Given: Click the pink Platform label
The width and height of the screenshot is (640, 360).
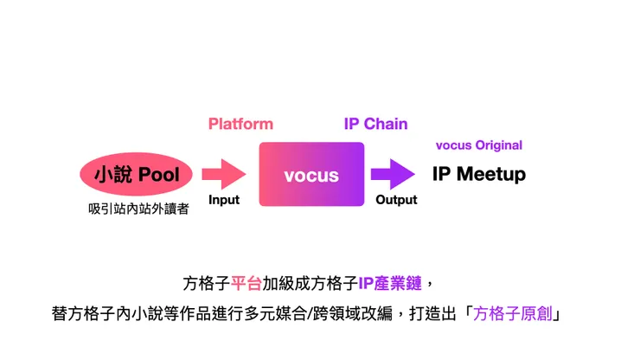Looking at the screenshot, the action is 240,124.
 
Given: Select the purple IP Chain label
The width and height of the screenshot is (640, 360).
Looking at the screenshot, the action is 375,124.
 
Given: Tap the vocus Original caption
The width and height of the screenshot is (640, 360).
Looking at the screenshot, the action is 479,145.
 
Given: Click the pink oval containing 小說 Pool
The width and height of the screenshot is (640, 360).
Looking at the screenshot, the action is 136,174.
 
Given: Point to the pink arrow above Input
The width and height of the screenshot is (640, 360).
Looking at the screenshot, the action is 224,174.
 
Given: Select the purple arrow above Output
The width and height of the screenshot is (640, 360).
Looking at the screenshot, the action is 393,174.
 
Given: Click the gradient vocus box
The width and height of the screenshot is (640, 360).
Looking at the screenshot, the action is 311,174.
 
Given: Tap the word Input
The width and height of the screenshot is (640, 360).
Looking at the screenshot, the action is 224,200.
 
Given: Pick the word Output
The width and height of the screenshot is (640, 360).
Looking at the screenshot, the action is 396,200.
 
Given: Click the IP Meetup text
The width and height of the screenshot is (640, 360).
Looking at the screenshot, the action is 479,174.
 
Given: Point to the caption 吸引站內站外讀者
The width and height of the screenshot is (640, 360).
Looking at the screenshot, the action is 138,209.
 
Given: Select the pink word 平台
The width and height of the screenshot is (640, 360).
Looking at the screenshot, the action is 246,283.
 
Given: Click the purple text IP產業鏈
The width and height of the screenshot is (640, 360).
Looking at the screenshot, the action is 390,283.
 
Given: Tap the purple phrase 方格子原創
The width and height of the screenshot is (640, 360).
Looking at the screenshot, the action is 513,314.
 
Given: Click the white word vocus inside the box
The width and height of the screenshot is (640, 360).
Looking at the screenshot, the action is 311,176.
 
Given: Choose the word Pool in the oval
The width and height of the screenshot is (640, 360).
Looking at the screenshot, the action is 159,175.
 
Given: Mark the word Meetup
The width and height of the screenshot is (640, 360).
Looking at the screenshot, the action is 491,174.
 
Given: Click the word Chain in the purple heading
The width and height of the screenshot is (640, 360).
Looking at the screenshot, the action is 386,124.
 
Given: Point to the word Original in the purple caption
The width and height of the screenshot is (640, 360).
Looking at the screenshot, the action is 499,145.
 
